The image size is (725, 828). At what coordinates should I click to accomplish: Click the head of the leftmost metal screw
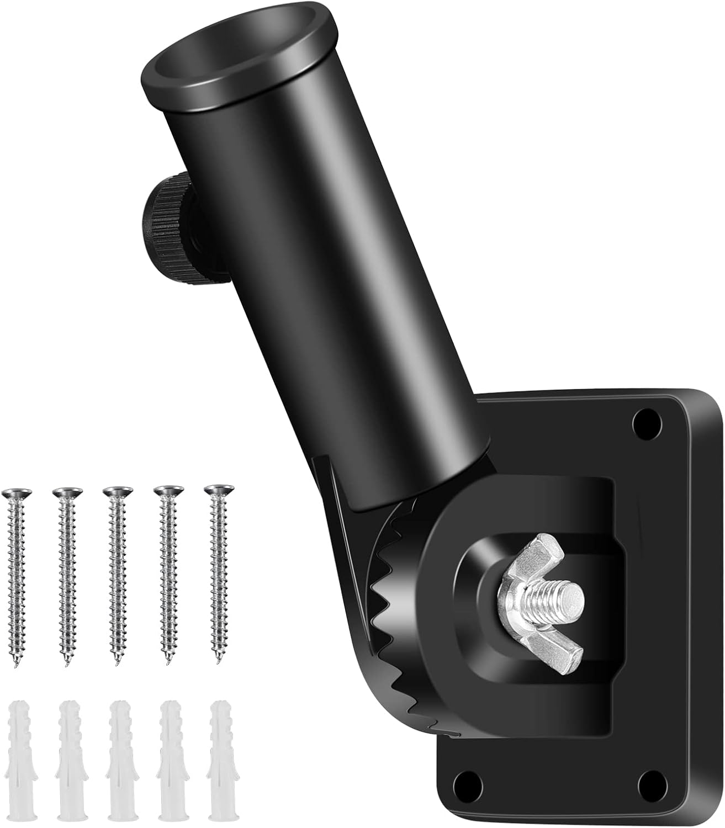pos(17,491)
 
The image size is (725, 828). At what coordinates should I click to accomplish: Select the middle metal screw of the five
pos(117,574)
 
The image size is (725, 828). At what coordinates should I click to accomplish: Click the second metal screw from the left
pos(67,574)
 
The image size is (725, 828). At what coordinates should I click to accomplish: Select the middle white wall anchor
pos(119,762)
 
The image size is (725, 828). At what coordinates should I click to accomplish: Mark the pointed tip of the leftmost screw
pos(17,663)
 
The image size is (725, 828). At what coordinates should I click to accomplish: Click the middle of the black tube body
pos(326,276)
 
